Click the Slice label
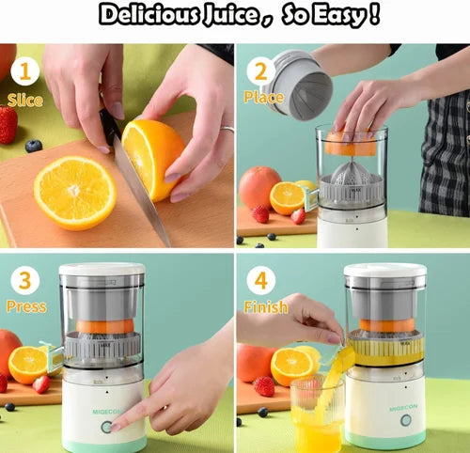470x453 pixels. (x=24, y=100)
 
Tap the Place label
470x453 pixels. (x=264, y=97)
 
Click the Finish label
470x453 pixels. (x=266, y=307)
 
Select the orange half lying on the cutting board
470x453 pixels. (x=75, y=193)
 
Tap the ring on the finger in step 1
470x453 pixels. (x=227, y=130)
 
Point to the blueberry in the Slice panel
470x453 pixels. (x=34, y=146)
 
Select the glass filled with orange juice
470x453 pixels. (x=316, y=418)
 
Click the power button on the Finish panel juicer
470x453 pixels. (x=405, y=420)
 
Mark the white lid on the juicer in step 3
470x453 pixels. (x=102, y=270)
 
